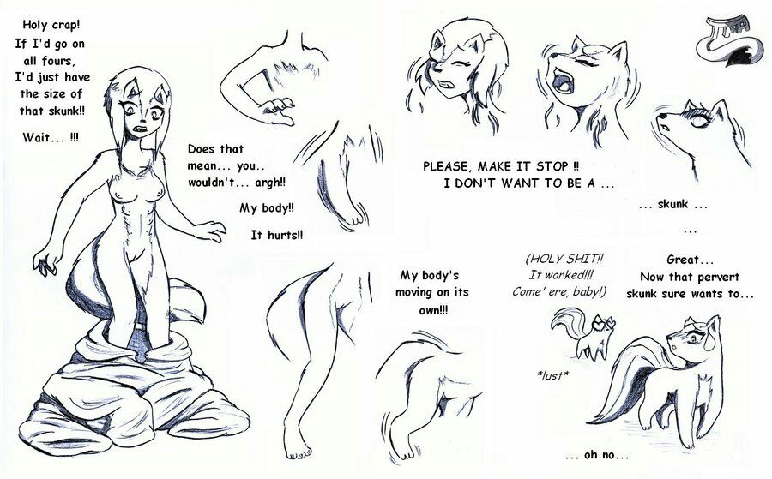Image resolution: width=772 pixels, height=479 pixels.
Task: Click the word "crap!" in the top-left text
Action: click(x=64, y=24)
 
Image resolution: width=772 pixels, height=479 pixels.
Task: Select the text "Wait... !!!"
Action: click(x=51, y=137)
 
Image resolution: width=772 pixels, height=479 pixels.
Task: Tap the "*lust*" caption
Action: click(x=553, y=375)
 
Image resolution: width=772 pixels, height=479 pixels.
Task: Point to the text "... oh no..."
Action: click(x=597, y=455)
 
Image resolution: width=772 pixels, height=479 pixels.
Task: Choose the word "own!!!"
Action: click(x=433, y=310)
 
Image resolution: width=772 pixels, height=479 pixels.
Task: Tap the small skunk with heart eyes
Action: click(x=584, y=332)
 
